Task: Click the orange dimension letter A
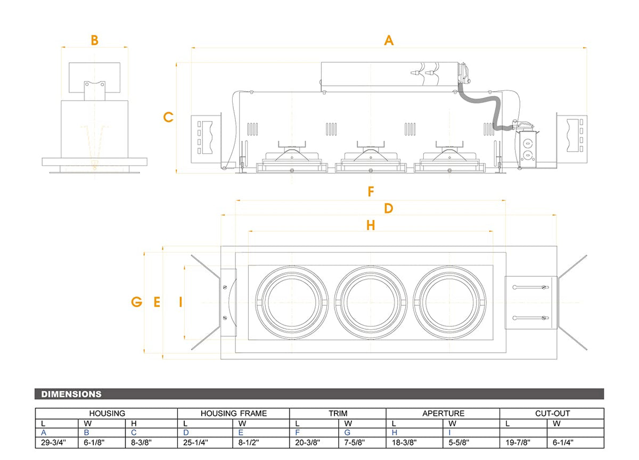click(389, 40)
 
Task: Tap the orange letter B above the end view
click(94, 40)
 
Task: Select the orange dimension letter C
click(168, 117)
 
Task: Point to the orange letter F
click(371, 192)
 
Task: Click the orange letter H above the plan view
click(371, 225)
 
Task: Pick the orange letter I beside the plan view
click(181, 302)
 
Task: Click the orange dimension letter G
click(137, 302)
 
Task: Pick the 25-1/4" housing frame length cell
click(196, 442)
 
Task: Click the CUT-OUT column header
click(552, 413)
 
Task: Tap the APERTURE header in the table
click(443, 413)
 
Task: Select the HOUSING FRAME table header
click(234, 413)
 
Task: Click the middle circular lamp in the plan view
click(371, 302)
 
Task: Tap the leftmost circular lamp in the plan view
click(291, 302)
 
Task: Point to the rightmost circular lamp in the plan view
click(450, 302)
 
